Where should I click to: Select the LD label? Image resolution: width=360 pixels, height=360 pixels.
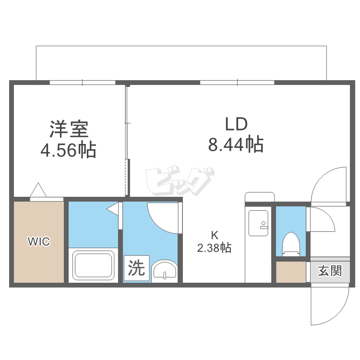pos(236,124)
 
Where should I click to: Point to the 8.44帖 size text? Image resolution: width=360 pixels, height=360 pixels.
pos(235,144)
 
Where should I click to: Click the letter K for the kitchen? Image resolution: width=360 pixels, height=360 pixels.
pos(215,235)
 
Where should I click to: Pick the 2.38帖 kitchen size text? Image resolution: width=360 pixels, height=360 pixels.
pos(214,248)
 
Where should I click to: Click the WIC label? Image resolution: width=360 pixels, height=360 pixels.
pos(38,241)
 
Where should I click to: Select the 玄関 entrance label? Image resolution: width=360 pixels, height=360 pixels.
pos(330,271)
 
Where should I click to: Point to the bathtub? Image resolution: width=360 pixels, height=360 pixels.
pos(93,265)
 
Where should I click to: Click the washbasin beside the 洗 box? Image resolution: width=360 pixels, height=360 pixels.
pos(165,271)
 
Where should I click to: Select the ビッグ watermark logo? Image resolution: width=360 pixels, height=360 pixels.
pos(179,181)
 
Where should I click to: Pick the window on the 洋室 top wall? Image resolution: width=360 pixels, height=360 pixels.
pos(82,83)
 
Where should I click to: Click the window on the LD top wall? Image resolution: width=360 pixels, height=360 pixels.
pos(237,83)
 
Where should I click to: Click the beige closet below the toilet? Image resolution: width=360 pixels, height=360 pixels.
pos(291,272)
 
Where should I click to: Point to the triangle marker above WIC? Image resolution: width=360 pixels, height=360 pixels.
pos(38,190)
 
